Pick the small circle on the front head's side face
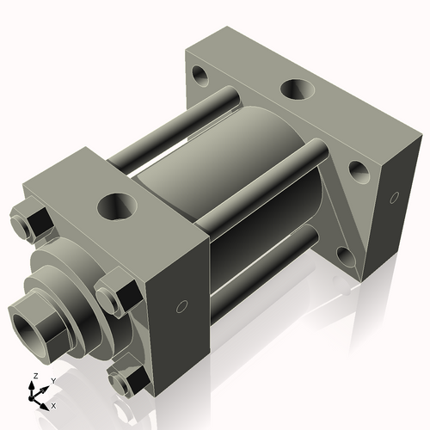pyautogui.click(x=181, y=306)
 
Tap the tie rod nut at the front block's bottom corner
pyautogui.click(x=125, y=379)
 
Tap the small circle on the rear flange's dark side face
pyautogui.click(x=394, y=198)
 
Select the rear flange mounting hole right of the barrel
pyautogui.click(x=359, y=172)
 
